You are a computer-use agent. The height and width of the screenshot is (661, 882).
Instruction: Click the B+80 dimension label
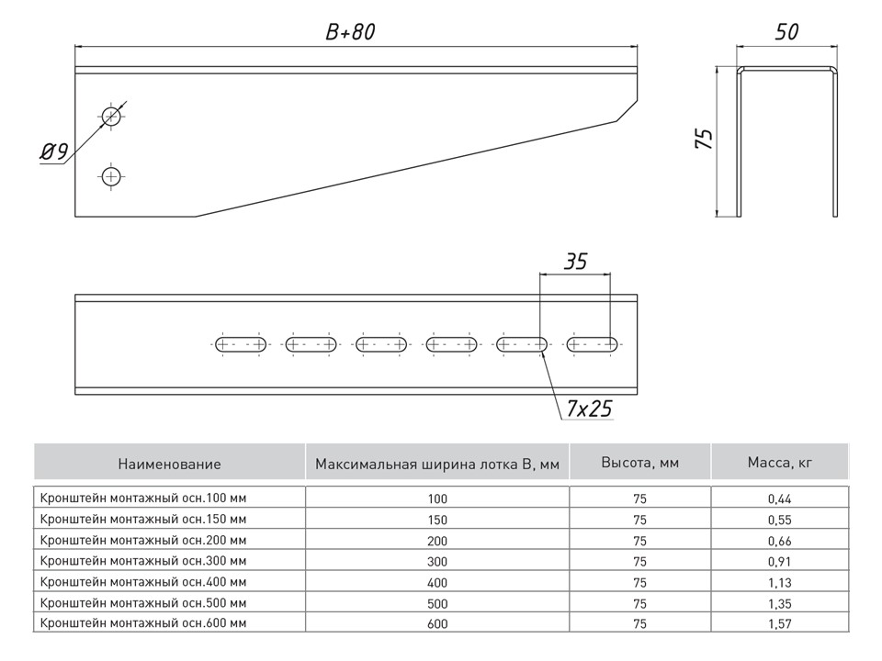point(350,31)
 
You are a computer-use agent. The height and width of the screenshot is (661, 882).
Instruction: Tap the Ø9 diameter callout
point(54,152)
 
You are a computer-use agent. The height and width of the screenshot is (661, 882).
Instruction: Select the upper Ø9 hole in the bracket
point(112,116)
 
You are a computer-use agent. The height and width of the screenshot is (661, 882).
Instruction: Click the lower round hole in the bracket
point(112,175)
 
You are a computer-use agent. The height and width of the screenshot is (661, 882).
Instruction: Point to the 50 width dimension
point(786,31)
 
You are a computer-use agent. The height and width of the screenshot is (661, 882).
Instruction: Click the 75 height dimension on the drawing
point(704,139)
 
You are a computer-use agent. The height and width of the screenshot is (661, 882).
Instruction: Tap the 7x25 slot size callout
point(587,409)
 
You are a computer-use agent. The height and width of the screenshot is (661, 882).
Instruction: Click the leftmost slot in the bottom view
point(240,345)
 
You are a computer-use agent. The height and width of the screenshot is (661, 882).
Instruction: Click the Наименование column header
point(169,465)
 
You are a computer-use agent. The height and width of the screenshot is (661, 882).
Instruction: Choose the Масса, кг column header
point(780,463)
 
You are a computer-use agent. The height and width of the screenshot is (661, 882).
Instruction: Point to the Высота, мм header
point(639,463)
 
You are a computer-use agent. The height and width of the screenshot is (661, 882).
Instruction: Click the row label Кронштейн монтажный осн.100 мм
point(143,498)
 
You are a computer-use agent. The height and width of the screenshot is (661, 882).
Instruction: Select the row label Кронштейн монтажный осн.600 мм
point(143,623)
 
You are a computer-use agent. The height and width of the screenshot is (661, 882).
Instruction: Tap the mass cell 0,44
point(779,499)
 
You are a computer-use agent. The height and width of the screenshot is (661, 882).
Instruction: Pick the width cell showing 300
point(436,562)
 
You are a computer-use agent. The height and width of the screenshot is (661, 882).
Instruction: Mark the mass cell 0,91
point(779,562)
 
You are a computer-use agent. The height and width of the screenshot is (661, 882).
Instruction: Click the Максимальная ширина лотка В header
point(436,465)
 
